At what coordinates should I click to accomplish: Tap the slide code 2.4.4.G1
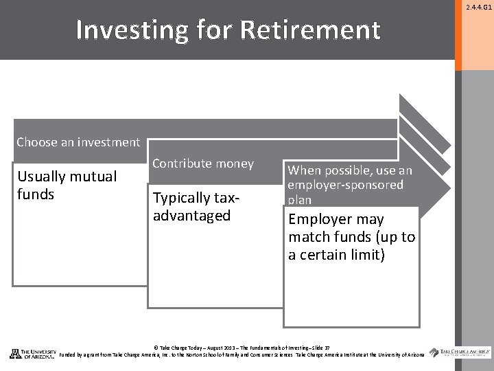click(x=478, y=8)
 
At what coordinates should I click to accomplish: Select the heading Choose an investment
click(x=78, y=142)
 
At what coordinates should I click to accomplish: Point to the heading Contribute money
click(x=203, y=164)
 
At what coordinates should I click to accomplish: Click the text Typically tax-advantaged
click(x=196, y=207)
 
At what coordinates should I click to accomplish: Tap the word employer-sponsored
click(x=346, y=185)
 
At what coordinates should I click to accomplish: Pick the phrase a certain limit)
click(x=336, y=255)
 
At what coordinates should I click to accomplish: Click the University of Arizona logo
click(x=32, y=353)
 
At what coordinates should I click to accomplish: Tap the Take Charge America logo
click(x=460, y=352)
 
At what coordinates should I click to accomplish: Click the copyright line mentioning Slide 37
click(x=241, y=347)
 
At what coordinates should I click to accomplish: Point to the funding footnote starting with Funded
click(x=242, y=355)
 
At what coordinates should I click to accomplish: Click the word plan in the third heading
click(x=300, y=200)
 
